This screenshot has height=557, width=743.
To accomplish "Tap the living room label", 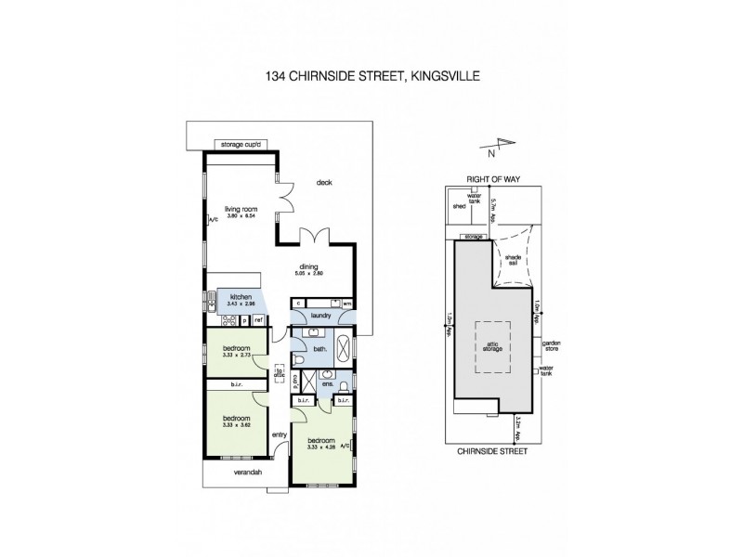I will (x=236, y=211).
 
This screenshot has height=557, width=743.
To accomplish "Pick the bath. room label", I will (x=319, y=349).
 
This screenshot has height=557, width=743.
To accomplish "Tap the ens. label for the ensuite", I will (x=327, y=382).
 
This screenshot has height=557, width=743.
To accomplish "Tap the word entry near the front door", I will (x=280, y=435).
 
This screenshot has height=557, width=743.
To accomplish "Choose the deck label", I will (x=323, y=182).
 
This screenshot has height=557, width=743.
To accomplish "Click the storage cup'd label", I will (x=241, y=145).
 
